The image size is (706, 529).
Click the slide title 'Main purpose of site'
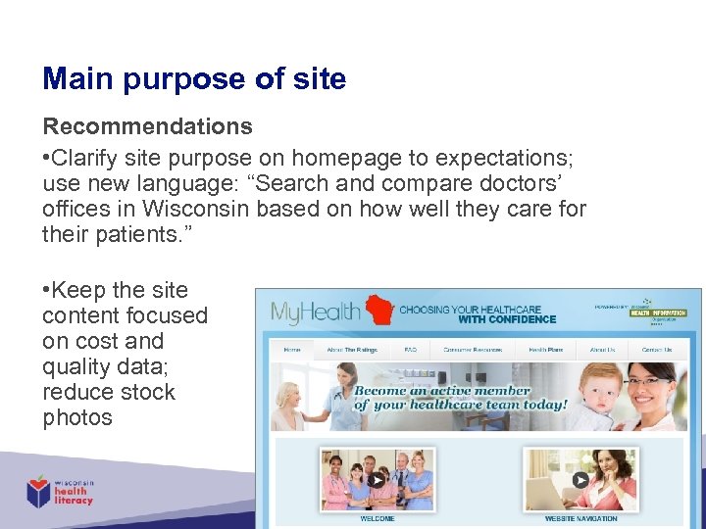click(194, 78)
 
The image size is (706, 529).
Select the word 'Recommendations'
click(147, 126)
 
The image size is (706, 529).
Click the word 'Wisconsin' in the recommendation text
click(196, 209)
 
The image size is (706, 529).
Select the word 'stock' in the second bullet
click(146, 392)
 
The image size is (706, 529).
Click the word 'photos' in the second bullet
click(77, 417)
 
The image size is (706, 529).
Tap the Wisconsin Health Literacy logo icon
click(39, 491)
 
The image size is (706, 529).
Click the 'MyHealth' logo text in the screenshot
click(316, 313)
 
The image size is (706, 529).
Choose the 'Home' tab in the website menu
click(292, 350)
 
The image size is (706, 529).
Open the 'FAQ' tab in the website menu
click(410, 350)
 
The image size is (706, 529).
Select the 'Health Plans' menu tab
click(545, 350)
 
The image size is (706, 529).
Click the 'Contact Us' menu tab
click(656, 350)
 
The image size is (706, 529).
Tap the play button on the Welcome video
click(377, 480)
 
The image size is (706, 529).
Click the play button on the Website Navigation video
click(580, 480)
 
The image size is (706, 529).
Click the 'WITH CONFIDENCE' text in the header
click(506, 319)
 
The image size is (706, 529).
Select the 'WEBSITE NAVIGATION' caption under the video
click(580, 518)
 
